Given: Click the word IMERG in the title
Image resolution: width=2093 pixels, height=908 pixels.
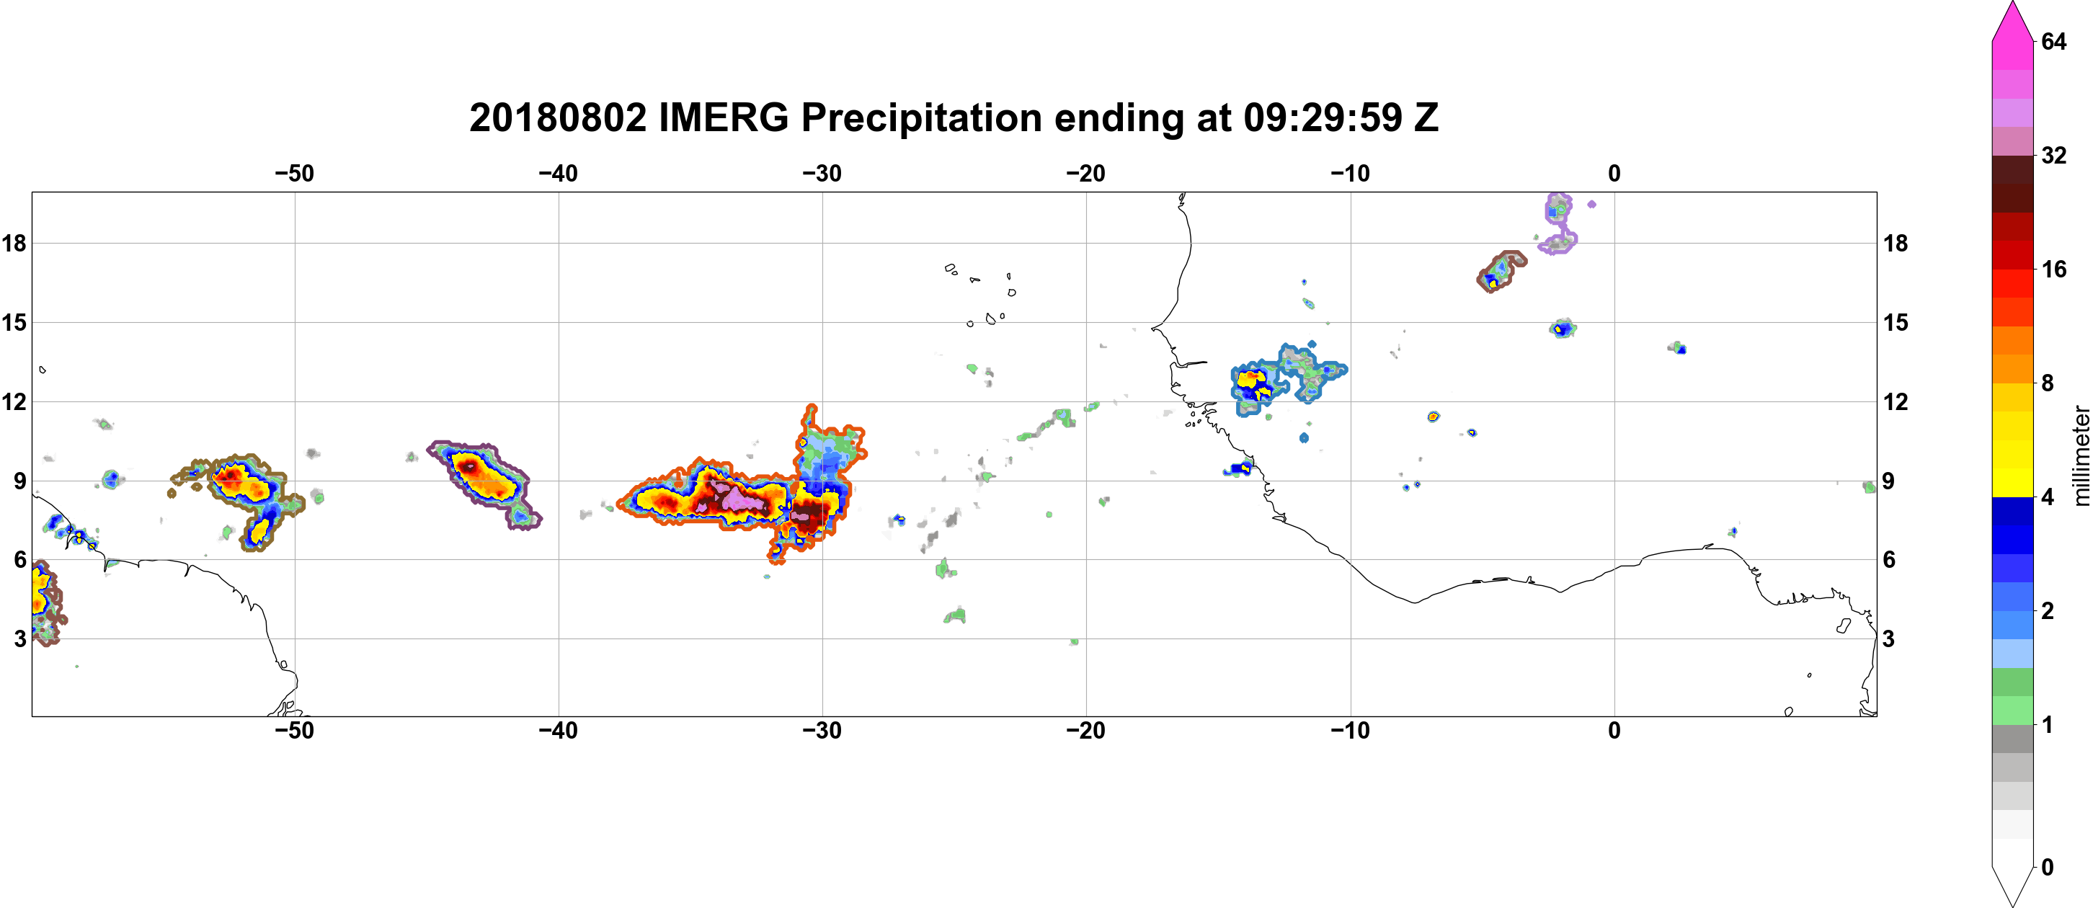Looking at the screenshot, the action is [x=723, y=117].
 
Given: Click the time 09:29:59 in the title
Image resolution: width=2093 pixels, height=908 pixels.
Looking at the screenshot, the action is [x=1323, y=117].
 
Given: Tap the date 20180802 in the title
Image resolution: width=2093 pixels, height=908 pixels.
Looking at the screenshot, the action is [x=557, y=117].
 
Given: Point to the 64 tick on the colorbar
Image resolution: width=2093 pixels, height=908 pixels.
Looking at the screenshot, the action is [x=2053, y=41].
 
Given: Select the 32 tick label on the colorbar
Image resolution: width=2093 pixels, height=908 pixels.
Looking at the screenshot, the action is [x=2053, y=155].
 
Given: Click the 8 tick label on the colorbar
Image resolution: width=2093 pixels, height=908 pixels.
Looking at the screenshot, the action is [x=2048, y=383].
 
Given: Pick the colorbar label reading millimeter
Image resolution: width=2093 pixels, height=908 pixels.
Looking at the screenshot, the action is [x=2081, y=455].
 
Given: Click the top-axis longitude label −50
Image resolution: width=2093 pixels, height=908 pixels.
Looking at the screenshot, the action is [x=294, y=173].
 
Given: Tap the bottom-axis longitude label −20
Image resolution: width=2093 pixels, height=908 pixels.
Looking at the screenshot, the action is [x=1086, y=730].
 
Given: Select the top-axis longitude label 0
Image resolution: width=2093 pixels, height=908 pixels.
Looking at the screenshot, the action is [x=1614, y=173].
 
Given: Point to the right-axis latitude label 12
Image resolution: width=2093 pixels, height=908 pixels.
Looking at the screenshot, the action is [x=1896, y=401].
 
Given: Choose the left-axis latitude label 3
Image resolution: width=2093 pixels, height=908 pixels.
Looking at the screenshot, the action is [x=20, y=638].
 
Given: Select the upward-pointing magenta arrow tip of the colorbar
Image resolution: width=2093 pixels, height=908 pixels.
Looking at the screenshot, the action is [x=2012, y=5].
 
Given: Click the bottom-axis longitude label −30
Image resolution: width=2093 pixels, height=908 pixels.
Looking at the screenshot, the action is [x=822, y=730].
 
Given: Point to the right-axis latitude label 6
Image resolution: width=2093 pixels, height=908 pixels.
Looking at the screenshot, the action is [x=1889, y=560].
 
